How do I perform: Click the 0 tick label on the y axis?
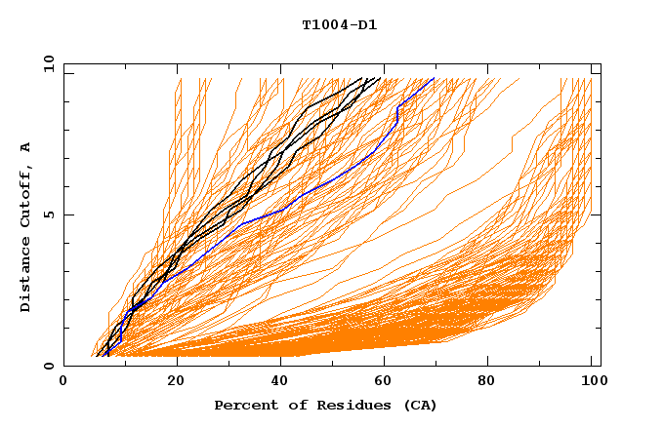(49, 367)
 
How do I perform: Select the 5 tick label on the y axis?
(49, 214)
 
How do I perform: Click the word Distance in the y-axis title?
(26, 276)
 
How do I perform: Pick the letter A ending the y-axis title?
(26, 146)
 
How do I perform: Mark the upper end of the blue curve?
(435, 78)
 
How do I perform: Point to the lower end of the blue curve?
(107, 351)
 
